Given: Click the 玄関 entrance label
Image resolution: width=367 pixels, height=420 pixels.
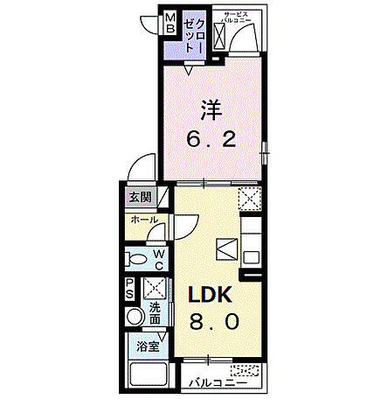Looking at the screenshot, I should pos(141,197).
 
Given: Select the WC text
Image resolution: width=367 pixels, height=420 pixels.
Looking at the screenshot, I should pos(161,258).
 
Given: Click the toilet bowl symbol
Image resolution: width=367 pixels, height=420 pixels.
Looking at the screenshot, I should pos(136,259).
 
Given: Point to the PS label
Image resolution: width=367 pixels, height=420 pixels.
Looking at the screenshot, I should pos(129,289).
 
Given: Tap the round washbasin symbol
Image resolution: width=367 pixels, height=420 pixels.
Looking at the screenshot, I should pos(135,317).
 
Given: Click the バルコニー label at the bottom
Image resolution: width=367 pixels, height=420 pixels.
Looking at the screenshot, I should pos(213,382).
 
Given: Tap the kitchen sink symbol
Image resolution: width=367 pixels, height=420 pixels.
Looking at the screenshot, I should pos(224,249).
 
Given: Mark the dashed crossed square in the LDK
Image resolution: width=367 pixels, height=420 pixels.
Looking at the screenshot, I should pos(250,199).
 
